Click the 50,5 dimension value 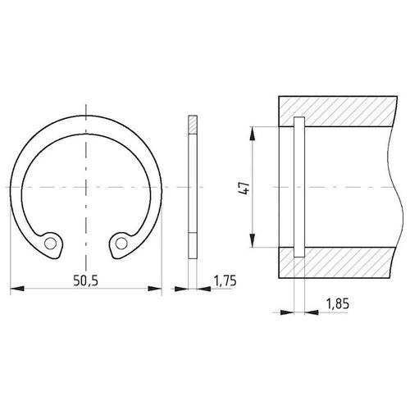[85, 280]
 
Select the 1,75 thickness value [225, 280]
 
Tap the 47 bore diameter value [244, 188]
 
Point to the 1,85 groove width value [338, 303]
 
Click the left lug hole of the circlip [50, 244]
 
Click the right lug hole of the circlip [121, 243]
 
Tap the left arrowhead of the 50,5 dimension [17, 289]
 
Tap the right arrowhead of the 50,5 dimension [155, 289]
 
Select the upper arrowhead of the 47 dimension [253, 134]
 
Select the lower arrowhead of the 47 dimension [253, 240]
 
